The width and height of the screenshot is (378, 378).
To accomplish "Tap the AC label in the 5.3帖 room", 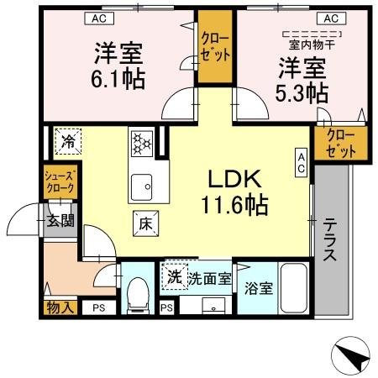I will click(x=329, y=18).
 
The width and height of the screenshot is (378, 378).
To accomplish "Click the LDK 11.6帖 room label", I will click(x=233, y=192).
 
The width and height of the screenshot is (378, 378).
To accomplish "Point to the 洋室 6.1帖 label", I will click(x=118, y=67).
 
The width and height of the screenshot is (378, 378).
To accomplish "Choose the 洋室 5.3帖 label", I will click(x=301, y=79).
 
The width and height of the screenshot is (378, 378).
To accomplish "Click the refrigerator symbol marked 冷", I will click(x=68, y=141).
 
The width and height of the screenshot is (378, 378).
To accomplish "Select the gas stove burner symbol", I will click(x=141, y=142).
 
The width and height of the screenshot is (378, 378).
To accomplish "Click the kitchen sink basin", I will click(x=140, y=183).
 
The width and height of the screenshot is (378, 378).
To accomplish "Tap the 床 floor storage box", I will click(x=144, y=223).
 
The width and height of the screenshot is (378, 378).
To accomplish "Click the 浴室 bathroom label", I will click(x=258, y=289).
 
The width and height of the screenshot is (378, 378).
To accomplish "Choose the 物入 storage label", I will click(x=60, y=307).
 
